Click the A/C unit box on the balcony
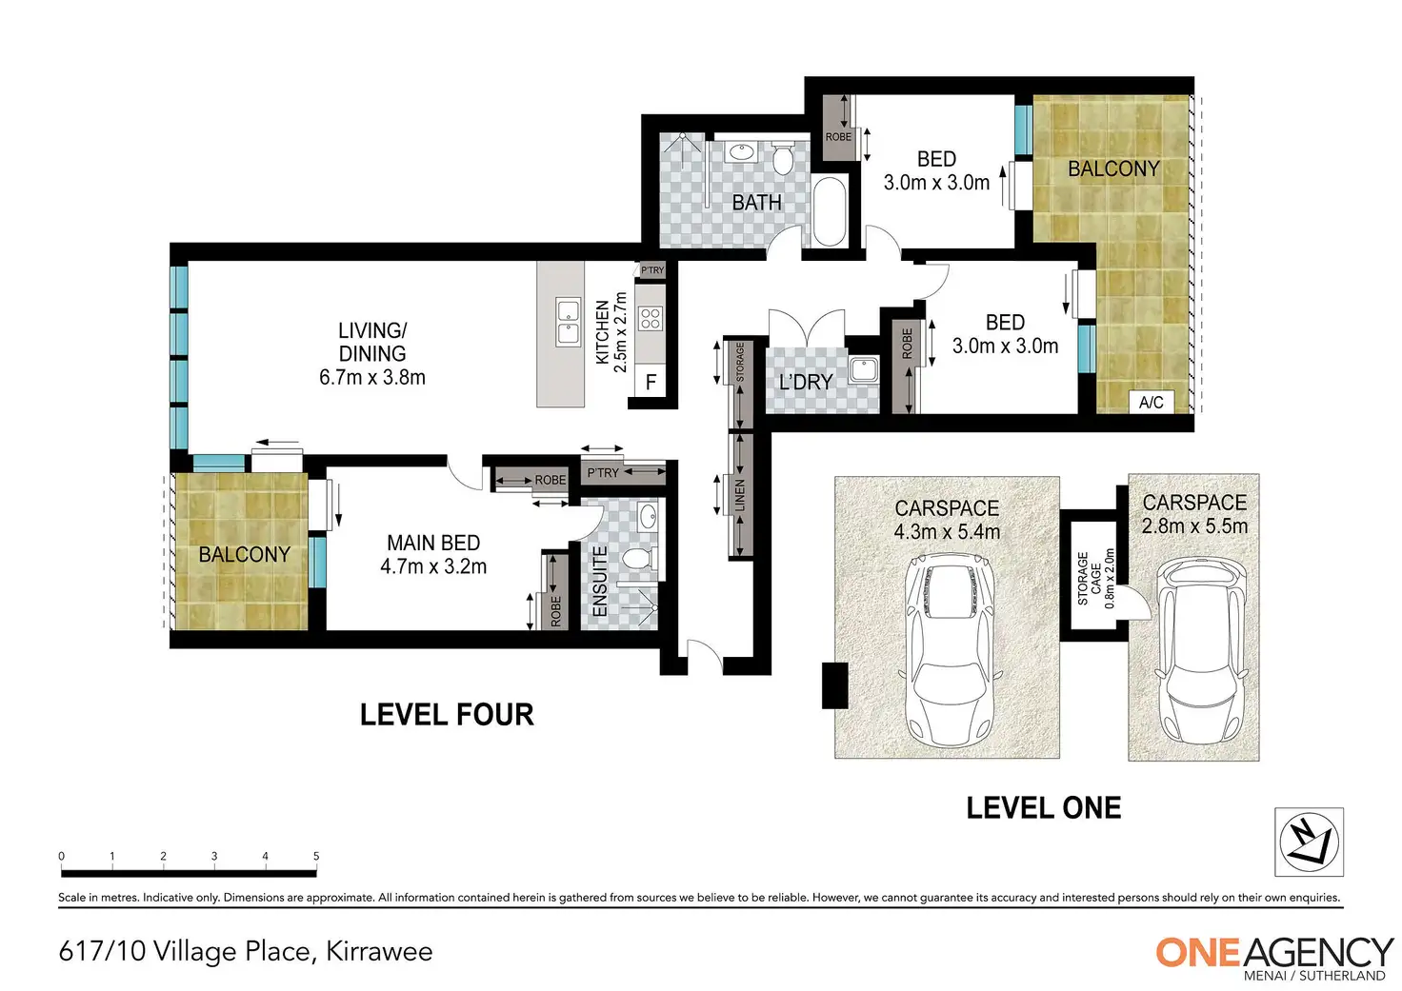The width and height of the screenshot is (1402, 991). pyautogui.click(x=1151, y=402)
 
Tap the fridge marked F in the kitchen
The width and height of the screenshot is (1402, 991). pyautogui.click(x=651, y=382)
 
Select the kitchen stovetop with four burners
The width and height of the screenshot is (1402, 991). pyautogui.click(x=651, y=319)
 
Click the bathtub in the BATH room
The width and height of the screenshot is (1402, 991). pyautogui.click(x=830, y=211)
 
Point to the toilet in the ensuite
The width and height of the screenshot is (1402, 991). pyautogui.click(x=642, y=558)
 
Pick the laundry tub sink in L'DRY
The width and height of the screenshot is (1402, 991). pyautogui.click(x=864, y=369)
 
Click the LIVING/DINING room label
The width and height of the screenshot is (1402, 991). pyautogui.click(x=372, y=353)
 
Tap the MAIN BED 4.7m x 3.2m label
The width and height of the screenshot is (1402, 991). pyautogui.click(x=433, y=554)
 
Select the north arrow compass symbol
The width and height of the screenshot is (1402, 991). pyautogui.click(x=1309, y=842)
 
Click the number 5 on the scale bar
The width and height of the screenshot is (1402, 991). pyautogui.click(x=316, y=856)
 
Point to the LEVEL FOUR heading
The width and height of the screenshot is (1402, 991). pyautogui.click(x=447, y=715)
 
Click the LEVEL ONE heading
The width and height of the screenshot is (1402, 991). pyautogui.click(x=1043, y=807)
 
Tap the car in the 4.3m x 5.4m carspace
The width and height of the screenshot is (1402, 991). pyautogui.click(x=950, y=649)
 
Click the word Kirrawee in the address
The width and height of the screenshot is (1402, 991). pyautogui.click(x=379, y=952)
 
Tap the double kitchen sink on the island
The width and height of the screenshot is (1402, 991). pyautogui.click(x=568, y=322)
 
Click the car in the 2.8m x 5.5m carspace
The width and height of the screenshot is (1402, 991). pyautogui.click(x=1194, y=649)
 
